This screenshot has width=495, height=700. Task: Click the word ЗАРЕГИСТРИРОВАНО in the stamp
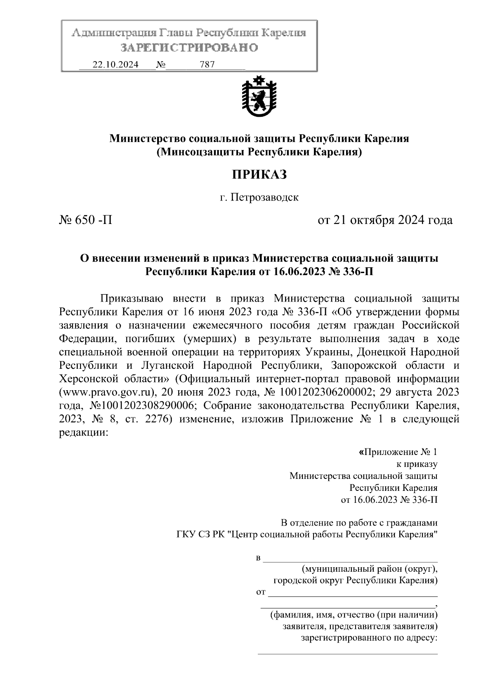tap(189, 48)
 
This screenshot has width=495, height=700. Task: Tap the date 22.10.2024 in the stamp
tap(115, 65)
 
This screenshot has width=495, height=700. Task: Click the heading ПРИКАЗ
tap(259, 175)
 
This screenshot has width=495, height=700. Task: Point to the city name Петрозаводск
tap(264, 198)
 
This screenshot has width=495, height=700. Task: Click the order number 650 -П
tap(86, 220)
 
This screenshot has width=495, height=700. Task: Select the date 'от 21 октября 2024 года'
tap(384, 220)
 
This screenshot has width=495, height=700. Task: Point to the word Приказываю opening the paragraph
tap(132, 298)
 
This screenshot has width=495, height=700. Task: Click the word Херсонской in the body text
tap(88, 379)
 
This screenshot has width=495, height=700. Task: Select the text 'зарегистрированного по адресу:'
tap(369, 639)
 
